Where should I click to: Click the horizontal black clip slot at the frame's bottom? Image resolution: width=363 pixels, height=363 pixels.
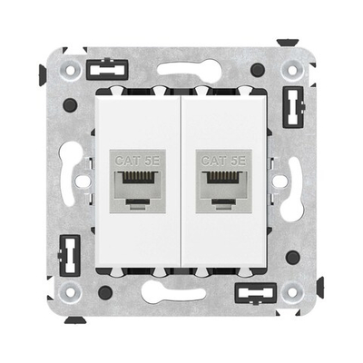click(252, 295)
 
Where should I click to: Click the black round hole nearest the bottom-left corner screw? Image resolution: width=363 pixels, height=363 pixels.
click(107, 292)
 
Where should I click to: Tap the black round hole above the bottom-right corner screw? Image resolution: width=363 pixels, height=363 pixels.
click(292, 258)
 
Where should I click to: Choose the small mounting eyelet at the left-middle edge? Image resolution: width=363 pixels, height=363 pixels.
click(83, 181)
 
